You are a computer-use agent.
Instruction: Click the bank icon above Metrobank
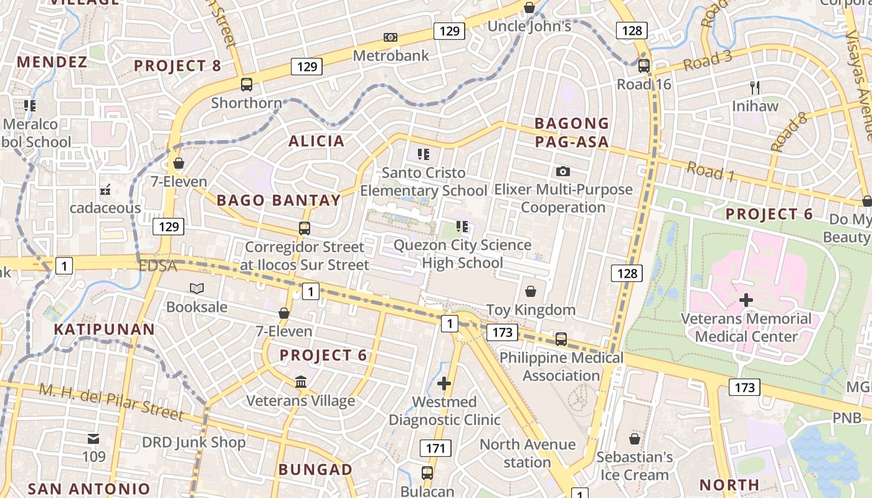[391, 37]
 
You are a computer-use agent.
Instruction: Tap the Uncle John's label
[529, 26]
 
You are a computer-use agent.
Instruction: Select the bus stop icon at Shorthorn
[247, 84]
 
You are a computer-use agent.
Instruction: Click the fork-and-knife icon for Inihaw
[756, 87]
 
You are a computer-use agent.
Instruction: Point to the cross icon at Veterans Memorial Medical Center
[746, 301]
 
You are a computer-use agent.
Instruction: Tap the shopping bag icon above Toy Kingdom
[531, 291]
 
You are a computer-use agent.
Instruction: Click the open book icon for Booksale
[197, 289]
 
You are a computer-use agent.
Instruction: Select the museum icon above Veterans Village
[301, 382]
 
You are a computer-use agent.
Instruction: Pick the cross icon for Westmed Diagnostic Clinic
[443, 383]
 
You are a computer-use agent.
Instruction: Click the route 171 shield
[435, 448]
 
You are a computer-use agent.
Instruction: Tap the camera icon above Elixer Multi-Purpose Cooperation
[563, 171]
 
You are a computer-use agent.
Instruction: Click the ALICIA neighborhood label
[316, 141]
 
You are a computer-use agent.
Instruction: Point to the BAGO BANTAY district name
[278, 200]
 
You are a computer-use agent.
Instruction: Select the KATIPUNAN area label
[104, 329]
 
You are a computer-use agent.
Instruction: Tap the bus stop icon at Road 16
[644, 65]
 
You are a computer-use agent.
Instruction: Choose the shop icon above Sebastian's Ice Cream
[635, 439]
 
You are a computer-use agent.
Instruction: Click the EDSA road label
[158, 266]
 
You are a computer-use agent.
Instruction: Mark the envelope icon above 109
[93, 439]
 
